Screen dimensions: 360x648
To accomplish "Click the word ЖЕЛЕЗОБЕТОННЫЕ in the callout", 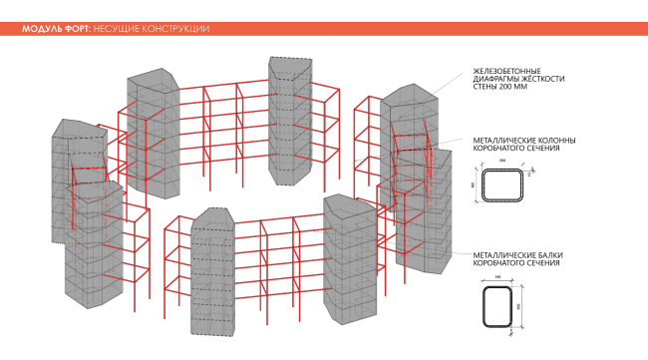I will click(x=506, y=71).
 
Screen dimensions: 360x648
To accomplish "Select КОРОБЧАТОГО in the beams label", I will click(x=499, y=265).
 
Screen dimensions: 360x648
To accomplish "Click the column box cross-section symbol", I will click(x=503, y=186).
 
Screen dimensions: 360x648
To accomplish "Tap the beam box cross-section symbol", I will click(x=498, y=308).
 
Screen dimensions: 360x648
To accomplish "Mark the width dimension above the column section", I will click(x=503, y=162).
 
